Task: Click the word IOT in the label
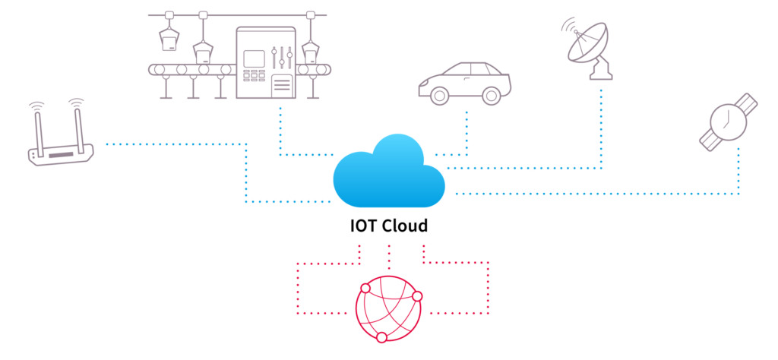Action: [363, 226]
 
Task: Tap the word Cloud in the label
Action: [405, 226]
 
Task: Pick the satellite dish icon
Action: [587, 49]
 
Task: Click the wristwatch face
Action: [729, 122]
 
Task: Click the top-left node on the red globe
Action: [365, 288]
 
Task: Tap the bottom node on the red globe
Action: [381, 338]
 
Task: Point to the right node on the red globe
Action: [417, 296]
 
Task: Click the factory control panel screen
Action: [254, 58]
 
